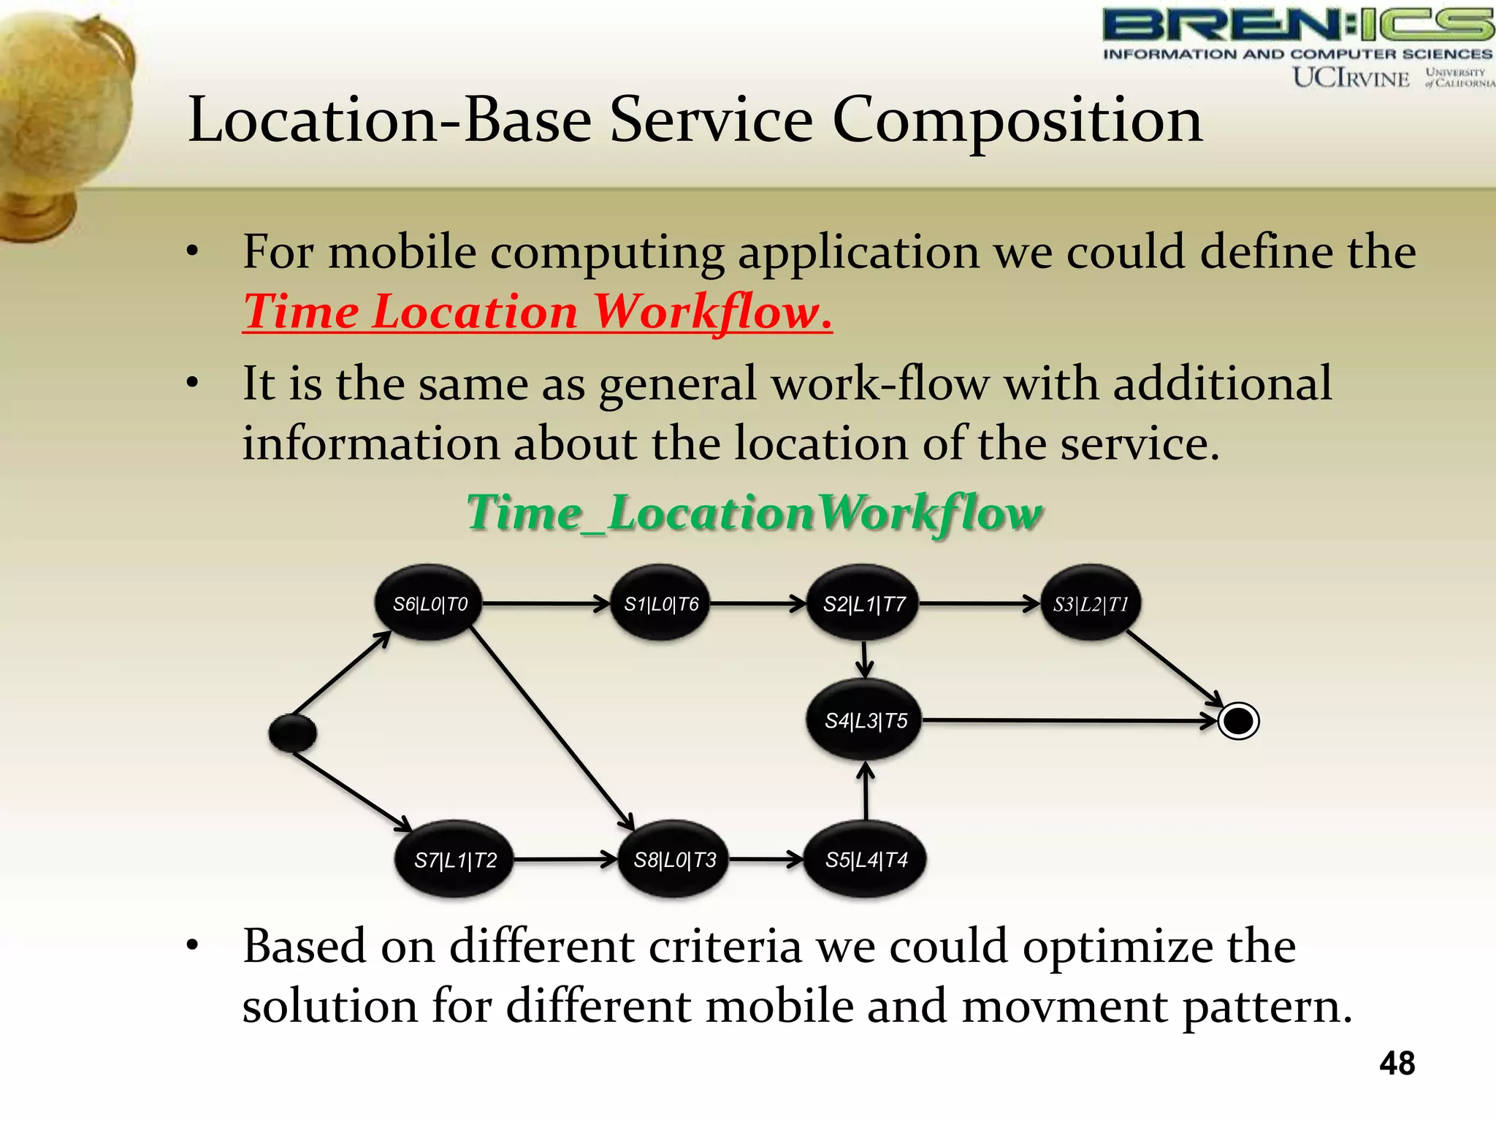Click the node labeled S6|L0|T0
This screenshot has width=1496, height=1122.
[430, 603]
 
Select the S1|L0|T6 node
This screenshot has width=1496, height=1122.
[661, 604]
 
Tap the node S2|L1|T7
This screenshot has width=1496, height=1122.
[864, 604]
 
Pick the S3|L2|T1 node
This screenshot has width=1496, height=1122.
[1091, 604]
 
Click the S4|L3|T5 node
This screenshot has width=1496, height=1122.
[866, 720]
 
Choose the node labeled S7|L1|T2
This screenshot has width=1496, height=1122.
[455, 860]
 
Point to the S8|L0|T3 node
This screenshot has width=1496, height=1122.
[674, 860]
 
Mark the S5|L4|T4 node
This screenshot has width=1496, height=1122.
[866, 860]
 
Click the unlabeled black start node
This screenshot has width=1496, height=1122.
[292, 733]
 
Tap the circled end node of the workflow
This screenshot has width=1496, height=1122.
[1238, 721]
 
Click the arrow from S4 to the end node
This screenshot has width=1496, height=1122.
[1066, 721]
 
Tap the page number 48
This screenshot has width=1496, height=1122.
[1397, 1063]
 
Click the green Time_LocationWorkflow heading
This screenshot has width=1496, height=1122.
[755, 513]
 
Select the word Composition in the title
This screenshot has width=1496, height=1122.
[1017, 120]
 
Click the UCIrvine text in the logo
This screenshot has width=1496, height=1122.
[1351, 77]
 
